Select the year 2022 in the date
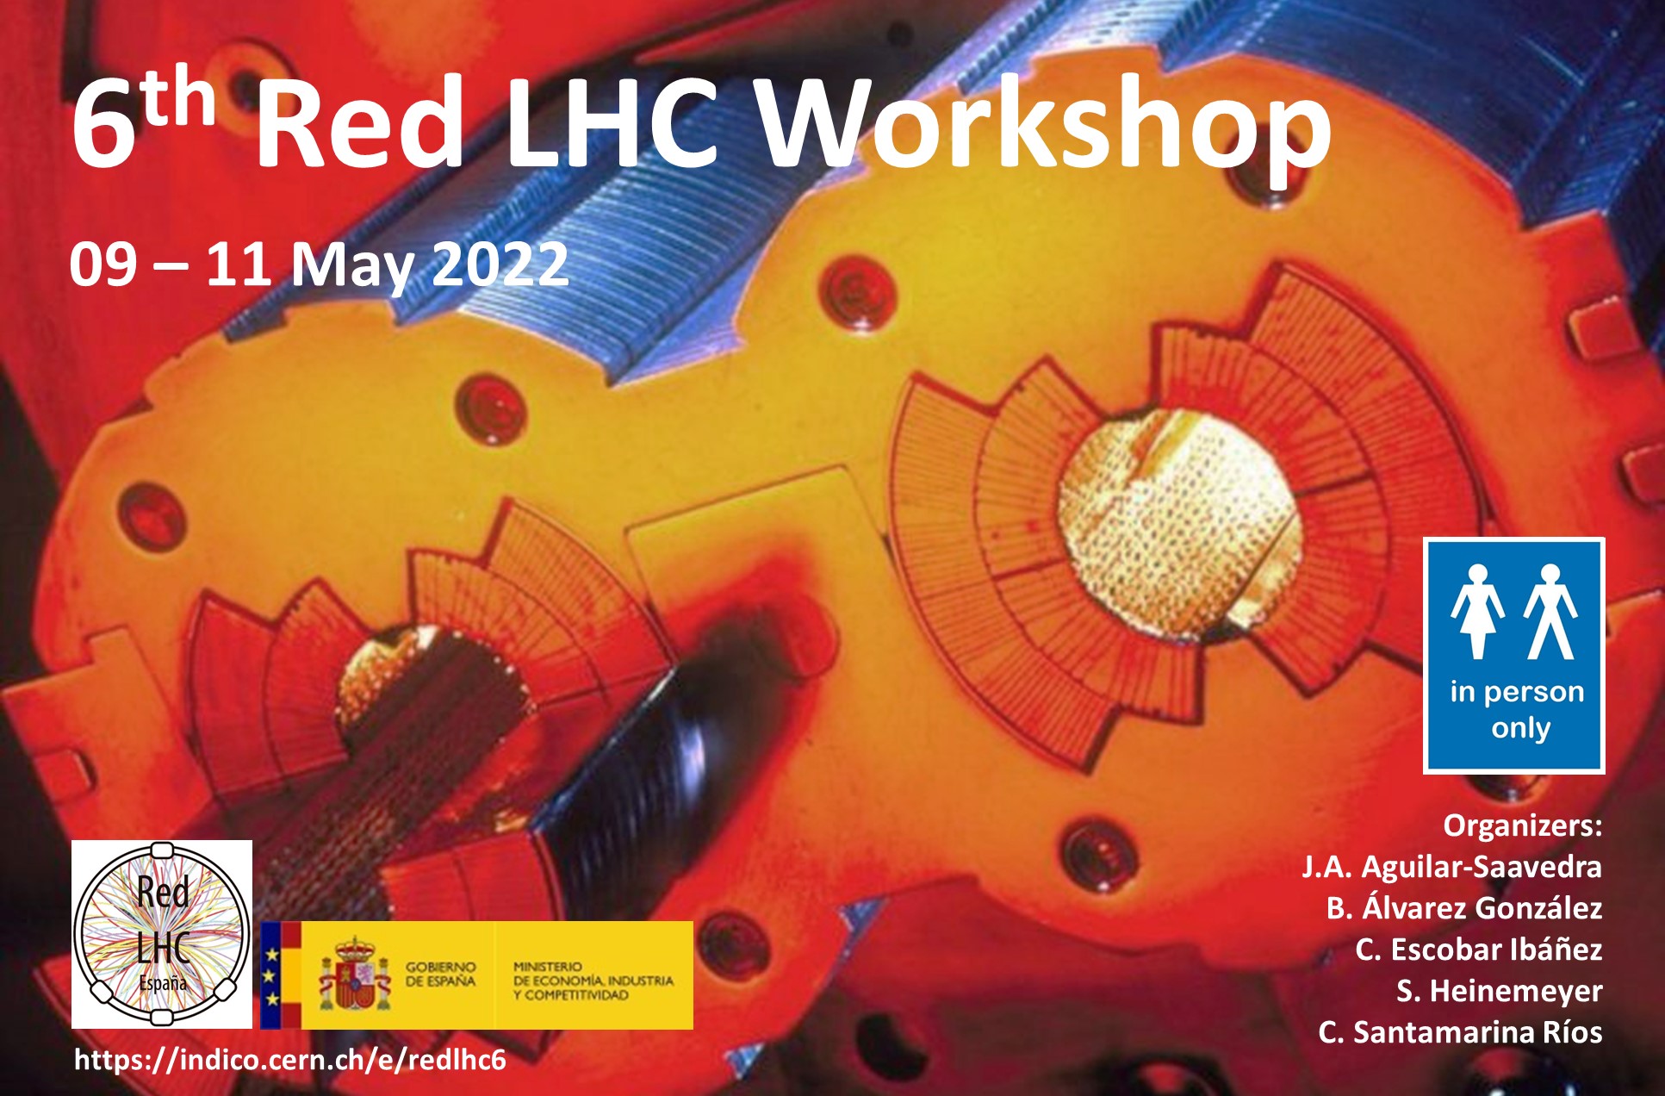point(500,264)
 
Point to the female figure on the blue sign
point(1478,611)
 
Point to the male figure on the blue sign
point(1550,611)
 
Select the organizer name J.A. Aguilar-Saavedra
point(1451,867)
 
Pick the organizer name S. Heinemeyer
point(1499,991)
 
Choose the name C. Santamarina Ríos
point(1460,1032)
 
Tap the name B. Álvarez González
point(1464,907)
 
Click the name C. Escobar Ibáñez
point(1479,949)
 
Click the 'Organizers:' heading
point(1523,825)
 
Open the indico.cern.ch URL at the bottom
point(290,1060)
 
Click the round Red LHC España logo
point(162,934)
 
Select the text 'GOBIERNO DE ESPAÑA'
point(441,975)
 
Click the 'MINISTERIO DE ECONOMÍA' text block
point(593,981)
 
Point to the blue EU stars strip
point(271,975)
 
